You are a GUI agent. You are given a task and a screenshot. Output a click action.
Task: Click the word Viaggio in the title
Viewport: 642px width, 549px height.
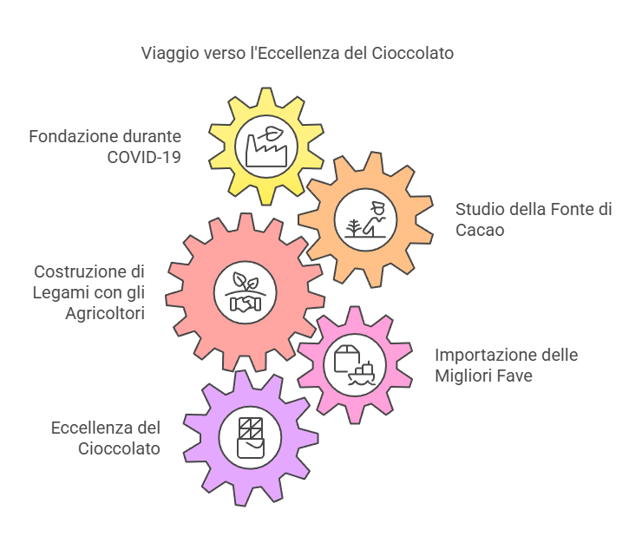click(167, 54)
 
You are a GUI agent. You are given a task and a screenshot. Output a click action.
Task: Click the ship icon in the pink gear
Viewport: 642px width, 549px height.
click(361, 372)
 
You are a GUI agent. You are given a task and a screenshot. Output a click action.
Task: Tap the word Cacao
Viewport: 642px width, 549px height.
click(479, 230)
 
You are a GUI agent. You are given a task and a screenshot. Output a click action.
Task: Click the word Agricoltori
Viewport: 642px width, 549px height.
click(104, 313)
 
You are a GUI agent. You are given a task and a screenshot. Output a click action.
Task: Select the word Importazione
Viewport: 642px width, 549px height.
click(483, 356)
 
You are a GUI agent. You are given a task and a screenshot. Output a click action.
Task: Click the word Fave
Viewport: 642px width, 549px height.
click(514, 376)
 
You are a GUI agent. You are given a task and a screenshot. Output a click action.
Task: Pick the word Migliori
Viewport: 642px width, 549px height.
click(464, 376)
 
